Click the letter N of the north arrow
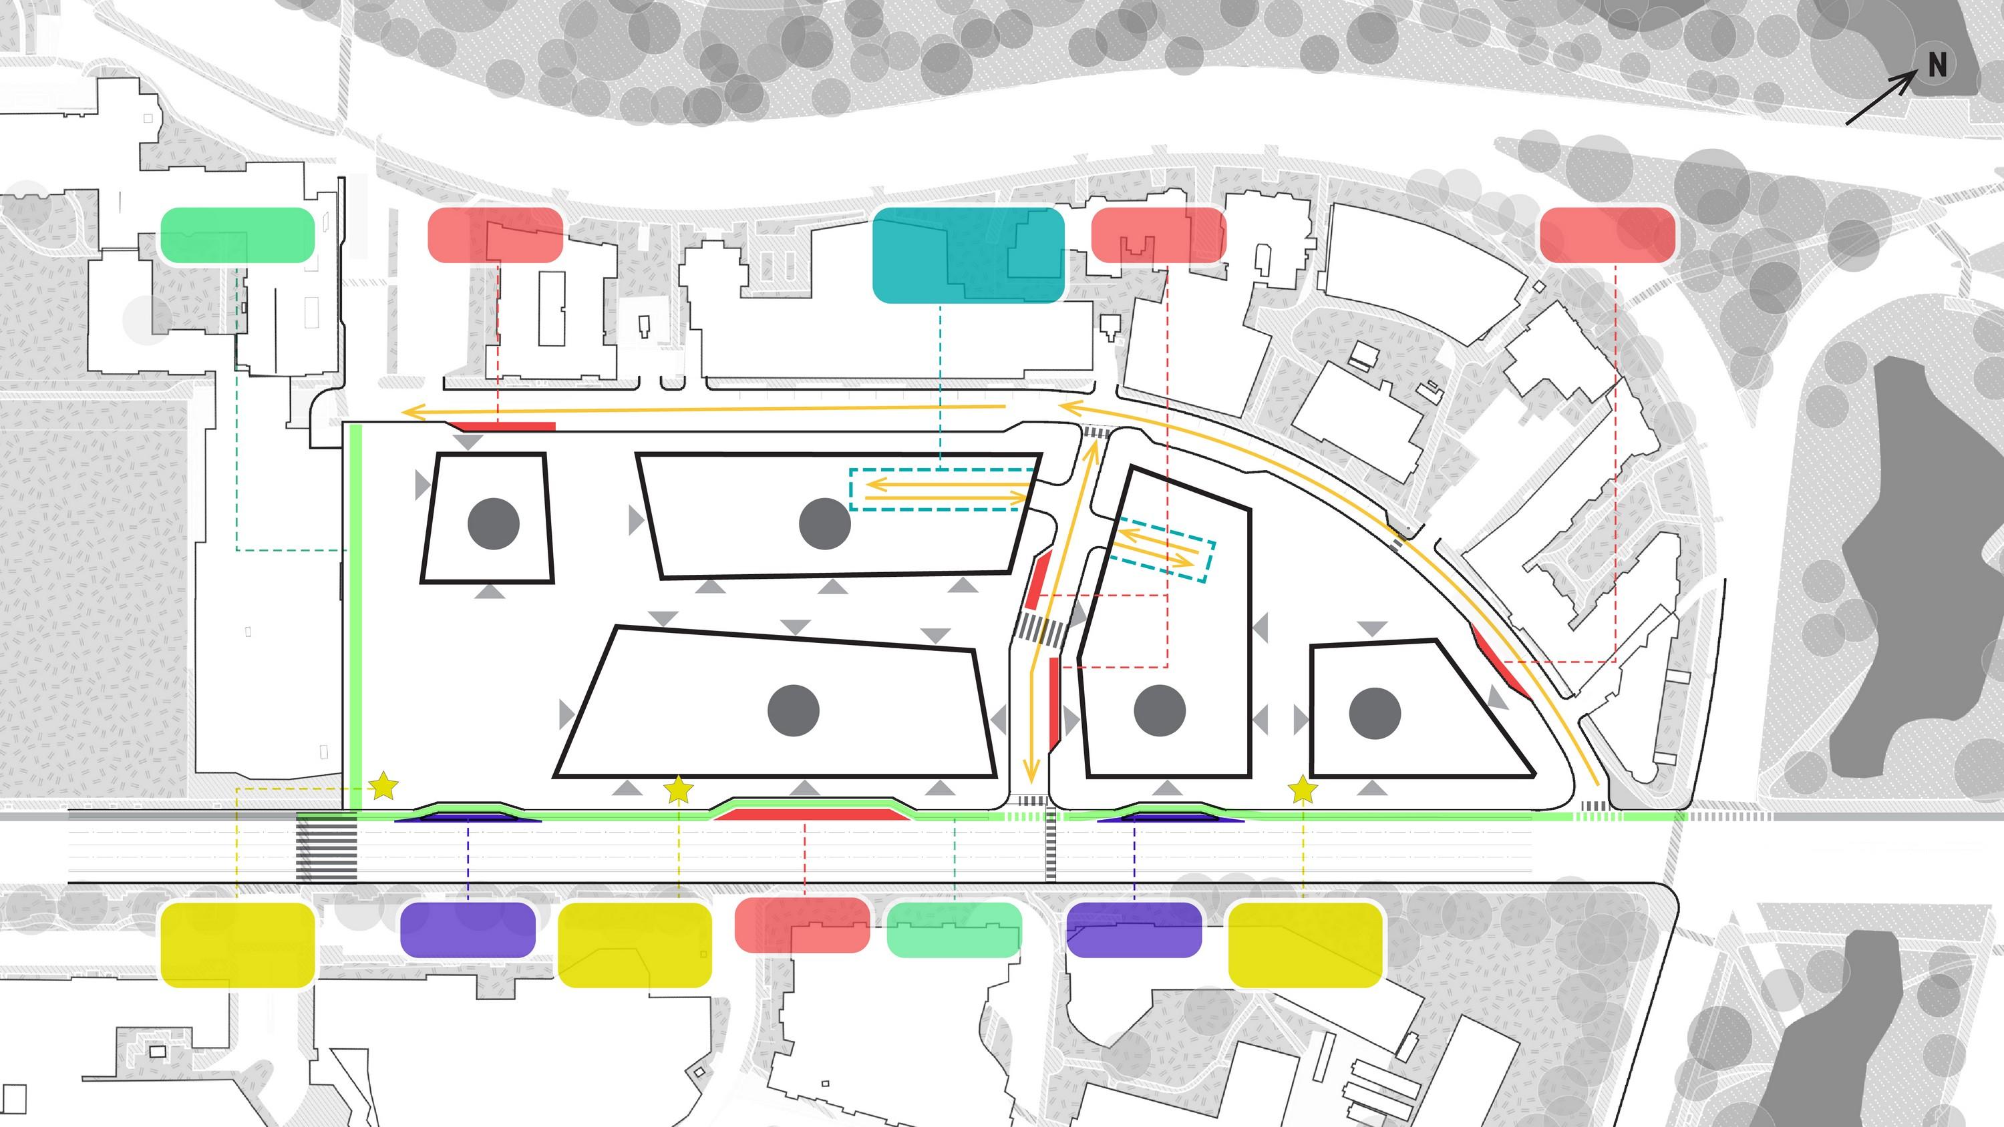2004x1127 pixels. point(1937,65)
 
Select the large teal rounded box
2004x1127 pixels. point(968,254)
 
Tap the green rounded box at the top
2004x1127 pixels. point(237,235)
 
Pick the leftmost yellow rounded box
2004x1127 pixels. point(237,945)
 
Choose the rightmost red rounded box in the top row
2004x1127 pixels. point(1607,235)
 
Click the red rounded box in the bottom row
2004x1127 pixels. point(802,925)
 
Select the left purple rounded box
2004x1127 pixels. point(468,929)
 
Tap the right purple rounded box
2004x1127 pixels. point(1134,929)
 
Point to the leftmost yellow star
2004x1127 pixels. point(383,786)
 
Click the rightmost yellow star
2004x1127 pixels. point(1303,791)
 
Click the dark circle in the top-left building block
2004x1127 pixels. point(493,523)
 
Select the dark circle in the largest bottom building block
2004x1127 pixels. point(794,711)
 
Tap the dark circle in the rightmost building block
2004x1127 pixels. point(1375,713)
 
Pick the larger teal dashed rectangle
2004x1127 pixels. point(941,489)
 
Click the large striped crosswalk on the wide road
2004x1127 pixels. point(326,848)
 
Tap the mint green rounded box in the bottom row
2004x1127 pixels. point(954,929)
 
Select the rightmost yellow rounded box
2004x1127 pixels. point(1305,945)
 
